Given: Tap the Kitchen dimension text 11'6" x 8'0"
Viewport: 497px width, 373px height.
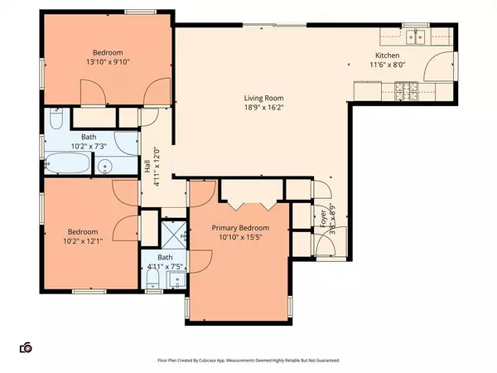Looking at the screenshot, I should (x=387, y=65).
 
